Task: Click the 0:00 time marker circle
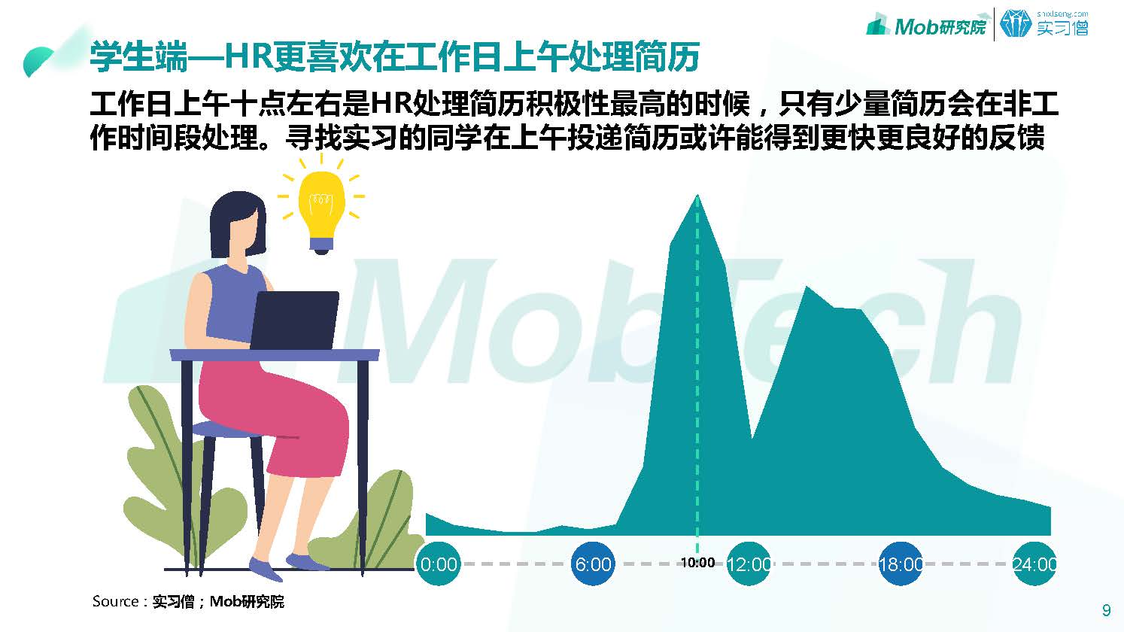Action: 438,564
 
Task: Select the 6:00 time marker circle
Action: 593,564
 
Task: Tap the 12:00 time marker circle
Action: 749,564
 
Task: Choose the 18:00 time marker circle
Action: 901,564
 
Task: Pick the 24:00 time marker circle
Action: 1034,564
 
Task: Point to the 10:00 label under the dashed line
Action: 697,563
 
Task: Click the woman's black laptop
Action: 293,321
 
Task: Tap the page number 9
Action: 1106,610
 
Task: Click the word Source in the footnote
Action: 115,601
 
